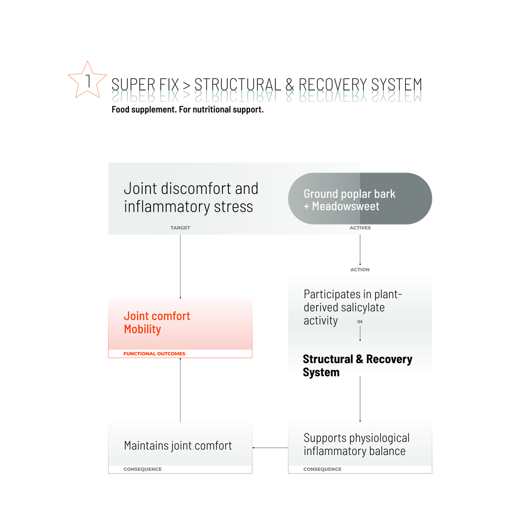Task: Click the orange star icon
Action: point(88,79)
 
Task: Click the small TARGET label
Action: point(180,228)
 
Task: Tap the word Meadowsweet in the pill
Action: point(345,206)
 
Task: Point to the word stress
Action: point(234,207)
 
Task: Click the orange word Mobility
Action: point(142,329)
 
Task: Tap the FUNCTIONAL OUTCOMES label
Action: point(154,354)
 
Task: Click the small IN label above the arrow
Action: point(360,322)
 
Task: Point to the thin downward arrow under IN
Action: point(360,334)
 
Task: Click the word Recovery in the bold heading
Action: point(389,359)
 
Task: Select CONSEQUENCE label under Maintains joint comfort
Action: point(142,469)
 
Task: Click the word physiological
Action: point(379,439)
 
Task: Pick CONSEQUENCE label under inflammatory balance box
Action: point(322,469)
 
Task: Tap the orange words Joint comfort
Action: point(157,316)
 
